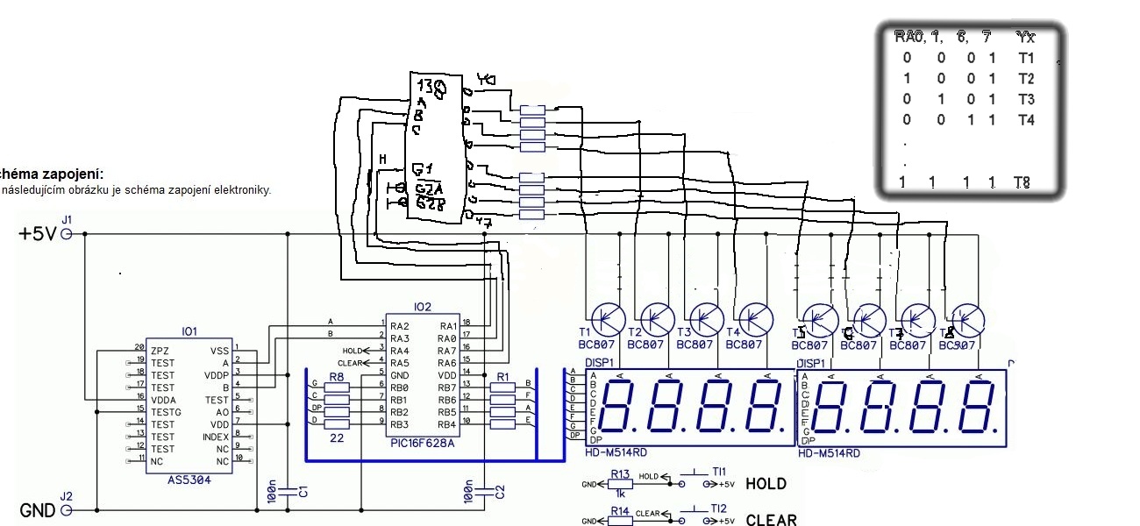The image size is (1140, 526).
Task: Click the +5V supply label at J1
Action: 37,234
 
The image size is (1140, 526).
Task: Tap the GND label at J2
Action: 38,509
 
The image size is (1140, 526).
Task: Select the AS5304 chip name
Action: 189,480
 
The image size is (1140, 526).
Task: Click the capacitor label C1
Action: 303,492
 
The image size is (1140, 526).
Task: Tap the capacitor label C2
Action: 500,492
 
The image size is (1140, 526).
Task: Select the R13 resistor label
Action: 620,473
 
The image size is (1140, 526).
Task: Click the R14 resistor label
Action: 620,509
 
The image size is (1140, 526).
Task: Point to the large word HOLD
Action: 766,484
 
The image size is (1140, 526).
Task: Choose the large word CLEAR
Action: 772,520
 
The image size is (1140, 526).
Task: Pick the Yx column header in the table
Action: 1025,37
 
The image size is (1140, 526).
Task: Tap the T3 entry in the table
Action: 1026,99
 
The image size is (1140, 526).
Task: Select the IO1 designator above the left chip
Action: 189,332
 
